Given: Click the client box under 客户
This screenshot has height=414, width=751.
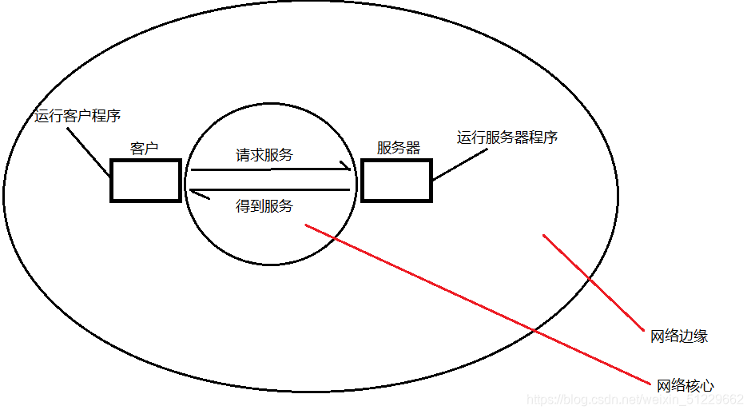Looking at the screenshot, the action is point(145,181).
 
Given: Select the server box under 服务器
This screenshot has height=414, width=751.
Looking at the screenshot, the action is point(396,181).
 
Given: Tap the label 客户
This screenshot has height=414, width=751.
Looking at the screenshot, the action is point(145,149).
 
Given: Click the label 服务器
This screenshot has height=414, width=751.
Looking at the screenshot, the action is point(399,149).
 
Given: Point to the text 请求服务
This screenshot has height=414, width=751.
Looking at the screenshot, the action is point(264,155).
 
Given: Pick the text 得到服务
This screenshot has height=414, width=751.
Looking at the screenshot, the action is point(264,206).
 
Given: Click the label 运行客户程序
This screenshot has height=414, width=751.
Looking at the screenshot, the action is point(77,116).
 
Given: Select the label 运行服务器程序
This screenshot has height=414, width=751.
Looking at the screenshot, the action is point(507,137).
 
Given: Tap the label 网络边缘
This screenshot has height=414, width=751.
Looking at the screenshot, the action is point(680,336).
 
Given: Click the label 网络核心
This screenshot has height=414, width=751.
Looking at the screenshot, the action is point(685,387).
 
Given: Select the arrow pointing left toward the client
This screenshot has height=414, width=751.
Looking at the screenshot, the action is point(272,189).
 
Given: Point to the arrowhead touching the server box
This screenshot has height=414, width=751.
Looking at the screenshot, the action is point(348,169).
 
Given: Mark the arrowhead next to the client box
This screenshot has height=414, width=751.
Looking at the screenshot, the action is point(191,189).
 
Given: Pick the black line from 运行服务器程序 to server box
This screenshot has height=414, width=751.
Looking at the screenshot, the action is point(459,163).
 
